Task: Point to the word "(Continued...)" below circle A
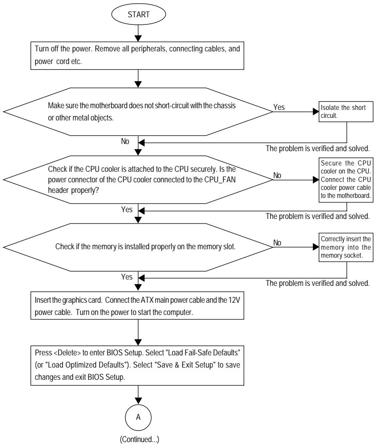tap(140, 440)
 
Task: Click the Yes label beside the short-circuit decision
tap(279, 107)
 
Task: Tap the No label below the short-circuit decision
tap(125, 141)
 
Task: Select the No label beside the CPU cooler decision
tap(277, 176)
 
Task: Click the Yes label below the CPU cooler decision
tap(127, 209)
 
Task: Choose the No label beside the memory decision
tap(277, 242)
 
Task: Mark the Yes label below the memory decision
tap(127, 277)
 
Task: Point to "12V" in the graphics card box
tap(234, 300)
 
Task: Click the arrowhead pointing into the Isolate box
tap(316, 112)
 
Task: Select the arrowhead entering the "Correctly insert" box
tap(316, 247)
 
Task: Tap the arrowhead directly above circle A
tap(138, 401)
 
